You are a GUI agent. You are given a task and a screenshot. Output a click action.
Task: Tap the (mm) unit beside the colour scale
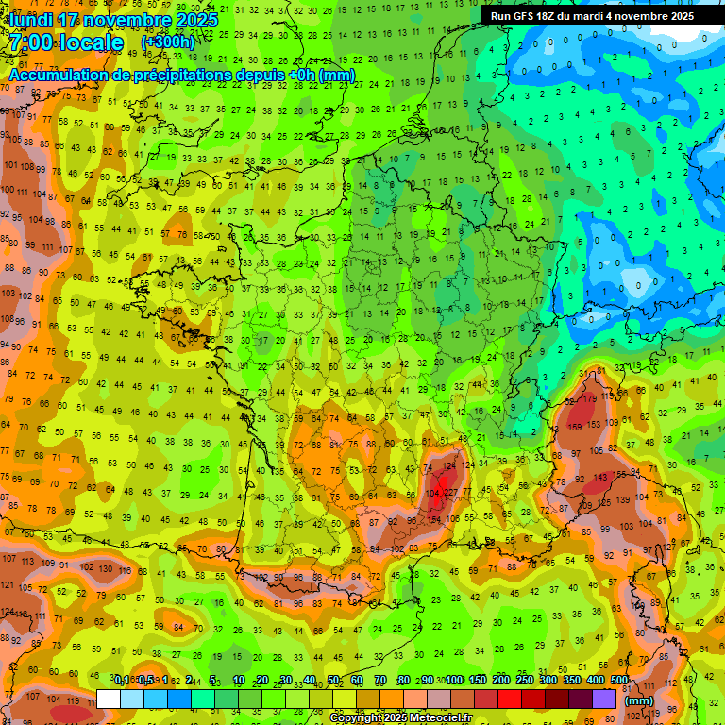(639, 700)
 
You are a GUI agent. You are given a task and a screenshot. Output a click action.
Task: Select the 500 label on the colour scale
(619, 681)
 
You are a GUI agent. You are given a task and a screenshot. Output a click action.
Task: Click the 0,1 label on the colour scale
(122, 681)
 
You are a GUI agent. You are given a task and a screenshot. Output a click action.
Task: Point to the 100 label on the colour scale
(455, 681)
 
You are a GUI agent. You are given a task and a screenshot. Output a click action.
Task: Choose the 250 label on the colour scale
(525, 681)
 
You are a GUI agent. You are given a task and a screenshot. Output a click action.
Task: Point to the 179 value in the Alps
(590, 398)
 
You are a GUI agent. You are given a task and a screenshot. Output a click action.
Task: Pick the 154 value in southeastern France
(435, 519)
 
